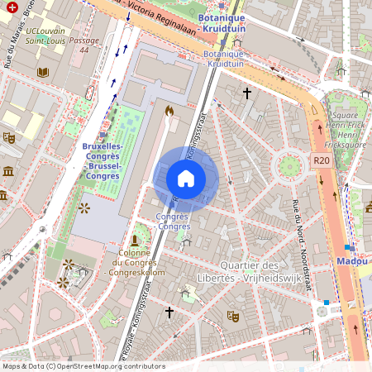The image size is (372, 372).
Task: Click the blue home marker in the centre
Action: [x=186, y=179]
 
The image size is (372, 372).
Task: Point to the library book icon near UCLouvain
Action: [x=43, y=72]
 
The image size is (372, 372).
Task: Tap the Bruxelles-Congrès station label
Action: [x=102, y=160]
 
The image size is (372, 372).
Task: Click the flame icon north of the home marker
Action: [x=169, y=110]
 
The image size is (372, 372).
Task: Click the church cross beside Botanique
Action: [x=246, y=93]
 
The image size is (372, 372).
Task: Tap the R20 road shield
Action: [x=322, y=160]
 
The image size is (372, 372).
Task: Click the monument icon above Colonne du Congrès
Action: [x=135, y=240]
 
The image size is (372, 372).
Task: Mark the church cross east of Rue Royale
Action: [x=169, y=312]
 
